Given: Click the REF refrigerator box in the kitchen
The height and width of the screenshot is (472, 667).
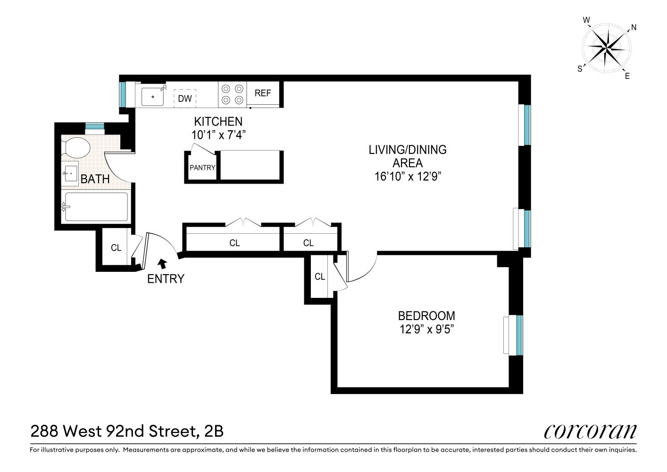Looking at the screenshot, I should (x=263, y=93).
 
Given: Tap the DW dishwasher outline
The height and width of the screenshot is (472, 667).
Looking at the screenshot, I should (x=185, y=98).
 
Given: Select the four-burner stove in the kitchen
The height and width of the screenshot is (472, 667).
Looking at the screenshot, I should (x=233, y=94).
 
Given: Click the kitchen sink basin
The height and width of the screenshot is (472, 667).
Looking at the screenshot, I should (x=153, y=97).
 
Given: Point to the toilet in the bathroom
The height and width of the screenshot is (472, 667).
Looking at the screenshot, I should (x=77, y=148).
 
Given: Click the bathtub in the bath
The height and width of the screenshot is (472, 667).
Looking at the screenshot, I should (x=96, y=207).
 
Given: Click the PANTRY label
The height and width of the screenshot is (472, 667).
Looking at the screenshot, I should (x=202, y=168).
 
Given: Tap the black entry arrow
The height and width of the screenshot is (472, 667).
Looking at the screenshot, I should (x=163, y=263).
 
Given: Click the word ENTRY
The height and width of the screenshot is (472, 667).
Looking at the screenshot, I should (x=166, y=279).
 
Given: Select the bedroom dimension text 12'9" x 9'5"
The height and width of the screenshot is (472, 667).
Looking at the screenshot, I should (x=426, y=329).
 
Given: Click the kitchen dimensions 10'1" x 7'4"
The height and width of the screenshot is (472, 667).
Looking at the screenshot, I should (x=218, y=135).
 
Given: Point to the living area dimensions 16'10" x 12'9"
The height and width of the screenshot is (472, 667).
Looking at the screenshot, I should (x=408, y=177).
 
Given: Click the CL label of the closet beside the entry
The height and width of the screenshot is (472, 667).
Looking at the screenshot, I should (x=116, y=248).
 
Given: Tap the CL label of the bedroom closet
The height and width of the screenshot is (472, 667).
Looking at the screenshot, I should (x=320, y=277).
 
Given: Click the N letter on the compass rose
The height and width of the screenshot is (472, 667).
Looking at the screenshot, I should (x=634, y=28).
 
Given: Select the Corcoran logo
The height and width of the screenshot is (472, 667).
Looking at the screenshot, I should (x=590, y=431).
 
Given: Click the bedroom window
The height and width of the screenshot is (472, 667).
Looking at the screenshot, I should (x=519, y=335).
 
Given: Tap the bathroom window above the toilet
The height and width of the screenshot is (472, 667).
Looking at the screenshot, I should (x=94, y=126).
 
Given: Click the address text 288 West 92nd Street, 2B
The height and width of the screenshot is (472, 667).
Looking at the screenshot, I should (x=127, y=431).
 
